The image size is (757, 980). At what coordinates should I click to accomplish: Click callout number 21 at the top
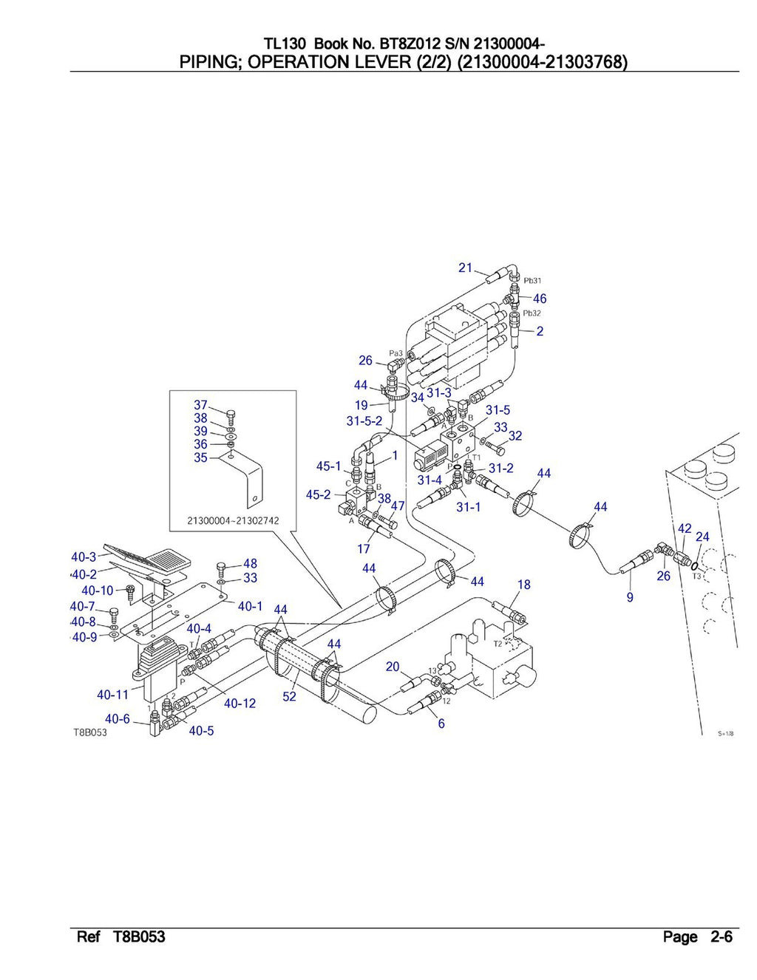(465, 268)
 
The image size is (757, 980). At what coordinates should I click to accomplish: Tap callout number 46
(540, 299)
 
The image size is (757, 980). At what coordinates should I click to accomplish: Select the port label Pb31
(532, 281)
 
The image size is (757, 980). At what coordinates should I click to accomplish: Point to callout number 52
(289, 696)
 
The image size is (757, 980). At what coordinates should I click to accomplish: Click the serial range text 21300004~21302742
(233, 520)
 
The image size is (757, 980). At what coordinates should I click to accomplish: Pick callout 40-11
(112, 695)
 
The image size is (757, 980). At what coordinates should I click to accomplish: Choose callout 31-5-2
(364, 421)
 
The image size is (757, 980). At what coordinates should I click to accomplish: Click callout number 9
(630, 597)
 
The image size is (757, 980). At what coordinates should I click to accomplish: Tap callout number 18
(523, 585)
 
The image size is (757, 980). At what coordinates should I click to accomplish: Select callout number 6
(441, 724)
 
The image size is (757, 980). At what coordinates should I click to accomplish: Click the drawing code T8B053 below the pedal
(89, 732)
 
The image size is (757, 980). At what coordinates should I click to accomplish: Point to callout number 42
(685, 528)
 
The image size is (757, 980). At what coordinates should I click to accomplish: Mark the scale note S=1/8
(725, 734)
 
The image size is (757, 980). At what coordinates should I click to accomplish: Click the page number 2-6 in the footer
(722, 937)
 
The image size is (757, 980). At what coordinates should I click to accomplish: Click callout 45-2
(318, 494)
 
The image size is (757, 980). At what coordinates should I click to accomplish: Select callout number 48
(250, 564)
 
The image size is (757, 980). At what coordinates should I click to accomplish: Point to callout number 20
(393, 667)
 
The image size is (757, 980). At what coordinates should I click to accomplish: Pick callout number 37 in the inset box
(200, 405)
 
